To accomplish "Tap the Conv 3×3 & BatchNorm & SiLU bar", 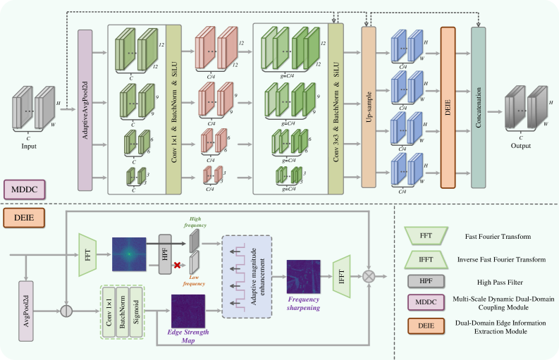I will coord(336,109).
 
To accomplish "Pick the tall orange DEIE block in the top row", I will coord(447,108).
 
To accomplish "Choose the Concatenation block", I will coord(478,108).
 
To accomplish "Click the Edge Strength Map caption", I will coord(187,334).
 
